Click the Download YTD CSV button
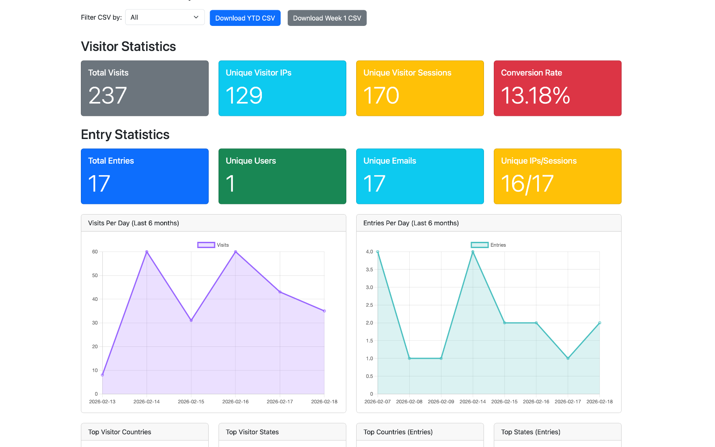point(245,18)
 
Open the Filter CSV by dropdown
point(164,17)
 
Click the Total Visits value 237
point(108,96)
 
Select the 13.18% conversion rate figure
point(535,96)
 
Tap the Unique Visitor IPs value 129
point(244,96)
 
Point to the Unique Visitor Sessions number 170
point(381,96)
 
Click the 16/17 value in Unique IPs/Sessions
point(527,184)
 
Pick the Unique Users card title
point(251,161)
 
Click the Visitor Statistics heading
point(128,46)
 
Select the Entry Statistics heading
point(125,135)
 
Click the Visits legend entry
point(213,245)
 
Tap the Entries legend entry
point(488,245)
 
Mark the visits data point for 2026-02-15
point(191,320)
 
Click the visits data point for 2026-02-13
point(102,375)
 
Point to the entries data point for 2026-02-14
point(473,252)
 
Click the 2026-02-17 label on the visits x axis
point(280,402)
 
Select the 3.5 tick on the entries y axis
point(369,270)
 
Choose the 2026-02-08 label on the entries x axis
point(409,402)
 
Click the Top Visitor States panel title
point(252,432)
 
